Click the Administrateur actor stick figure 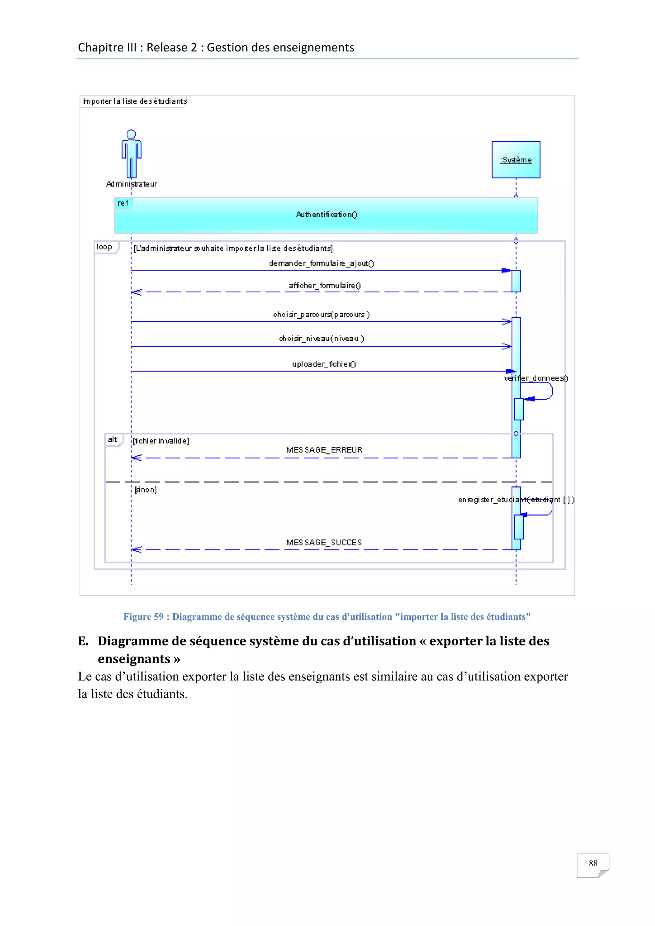pos(131,154)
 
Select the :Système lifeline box pos(516,160)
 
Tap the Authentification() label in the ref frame pos(326,215)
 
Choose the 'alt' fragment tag pos(113,439)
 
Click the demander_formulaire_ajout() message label pos(321,263)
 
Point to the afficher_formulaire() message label pos(325,286)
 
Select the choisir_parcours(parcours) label pos(321,314)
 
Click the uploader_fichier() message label pos(324,364)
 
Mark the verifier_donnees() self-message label pos(536,378)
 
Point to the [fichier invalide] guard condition pos(161,441)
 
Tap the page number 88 pos(593,863)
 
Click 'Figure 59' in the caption pos(144,617)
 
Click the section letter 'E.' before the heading pos(83,641)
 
